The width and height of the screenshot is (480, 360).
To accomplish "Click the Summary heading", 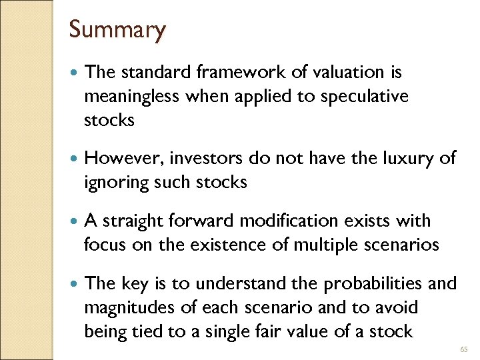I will coord(117,30).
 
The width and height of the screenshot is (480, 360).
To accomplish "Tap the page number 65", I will coord(465,348).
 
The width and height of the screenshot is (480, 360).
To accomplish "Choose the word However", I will coord(125,158).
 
